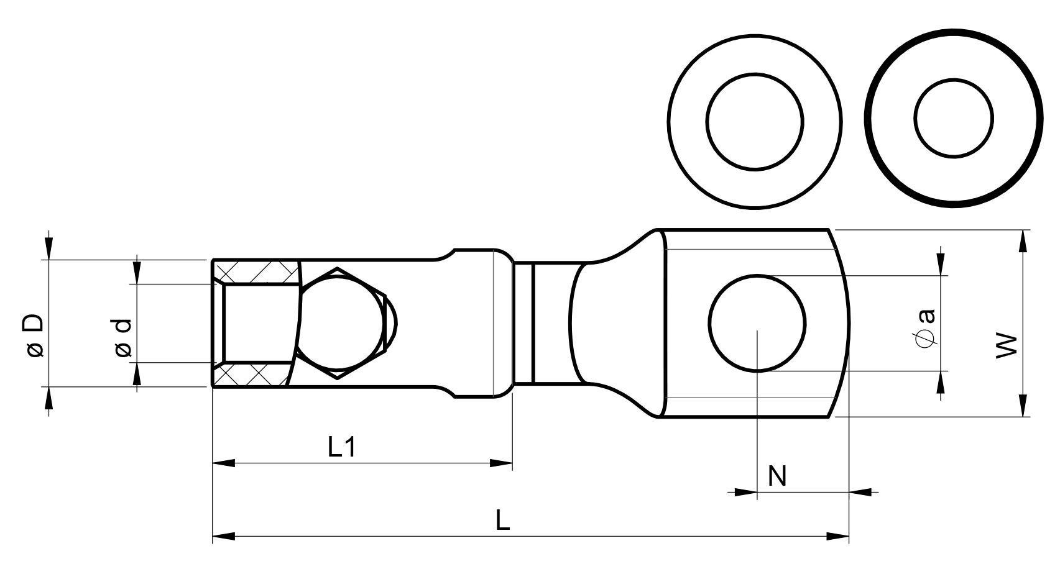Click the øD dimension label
pos(34,335)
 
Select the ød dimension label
pos(122,339)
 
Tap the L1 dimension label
pos(341,447)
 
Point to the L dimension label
pos(502,520)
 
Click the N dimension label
pos(777,476)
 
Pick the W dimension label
pos(1006,347)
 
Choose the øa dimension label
pos(926,329)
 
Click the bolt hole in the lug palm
pos(757,323)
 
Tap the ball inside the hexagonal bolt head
pos(338,323)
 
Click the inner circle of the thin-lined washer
pos(754,122)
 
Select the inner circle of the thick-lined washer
pos(954,118)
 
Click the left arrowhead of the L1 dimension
pos(223,463)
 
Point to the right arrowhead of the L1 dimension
pos(501,463)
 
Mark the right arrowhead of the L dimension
pos(837,537)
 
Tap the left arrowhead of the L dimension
pos(223,537)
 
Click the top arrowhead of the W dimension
pos(1023,241)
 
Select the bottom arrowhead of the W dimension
pos(1023,406)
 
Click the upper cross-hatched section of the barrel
pos(257,272)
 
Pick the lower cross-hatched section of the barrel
pos(253,375)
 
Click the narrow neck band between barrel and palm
pos(523,323)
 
